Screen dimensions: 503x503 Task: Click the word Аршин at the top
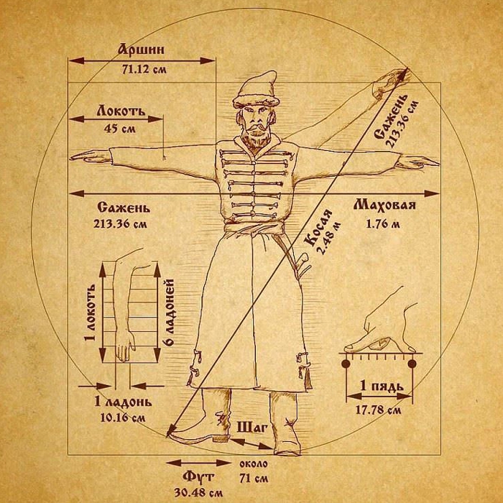click(141, 50)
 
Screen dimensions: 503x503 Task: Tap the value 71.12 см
click(144, 69)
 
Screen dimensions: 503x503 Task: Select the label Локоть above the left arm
click(121, 111)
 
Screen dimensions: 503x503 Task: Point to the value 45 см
click(120, 129)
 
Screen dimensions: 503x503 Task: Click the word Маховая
click(384, 205)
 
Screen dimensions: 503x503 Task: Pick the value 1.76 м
click(383, 223)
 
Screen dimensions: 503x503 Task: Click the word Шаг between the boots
click(251, 428)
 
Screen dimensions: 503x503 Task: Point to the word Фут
click(198, 477)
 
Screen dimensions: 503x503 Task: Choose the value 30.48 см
click(198, 492)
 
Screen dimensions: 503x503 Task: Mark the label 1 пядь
click(382, 386)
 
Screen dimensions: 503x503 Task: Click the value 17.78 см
click(378, 410)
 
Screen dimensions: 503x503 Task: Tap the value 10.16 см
click(123, 417)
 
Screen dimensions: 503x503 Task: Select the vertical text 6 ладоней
click(170, 312)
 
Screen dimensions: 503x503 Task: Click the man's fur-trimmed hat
click(256, 89)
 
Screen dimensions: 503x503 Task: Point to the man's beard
click(254, 139)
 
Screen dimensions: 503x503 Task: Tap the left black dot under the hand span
click(346, 364)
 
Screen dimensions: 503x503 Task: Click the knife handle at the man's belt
click(303, 258)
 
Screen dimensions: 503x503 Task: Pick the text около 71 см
click(254, 471)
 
